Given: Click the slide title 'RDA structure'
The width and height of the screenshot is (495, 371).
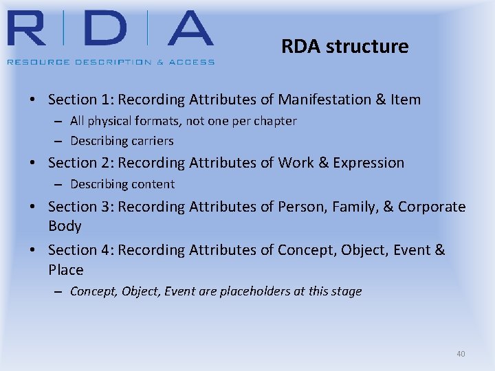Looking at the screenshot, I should click(x=344, y=47).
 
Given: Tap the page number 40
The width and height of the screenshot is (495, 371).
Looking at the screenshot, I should click(x=461, y=354).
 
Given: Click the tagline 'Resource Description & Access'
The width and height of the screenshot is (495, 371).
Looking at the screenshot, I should click(x=111, y=62).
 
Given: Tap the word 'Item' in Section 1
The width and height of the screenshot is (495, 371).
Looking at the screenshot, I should click(x=406, y=100).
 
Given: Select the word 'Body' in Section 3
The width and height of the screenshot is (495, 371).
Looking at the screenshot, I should click(x=65, y=226).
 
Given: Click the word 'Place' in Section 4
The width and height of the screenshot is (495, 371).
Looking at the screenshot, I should click(x=65, y=270).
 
